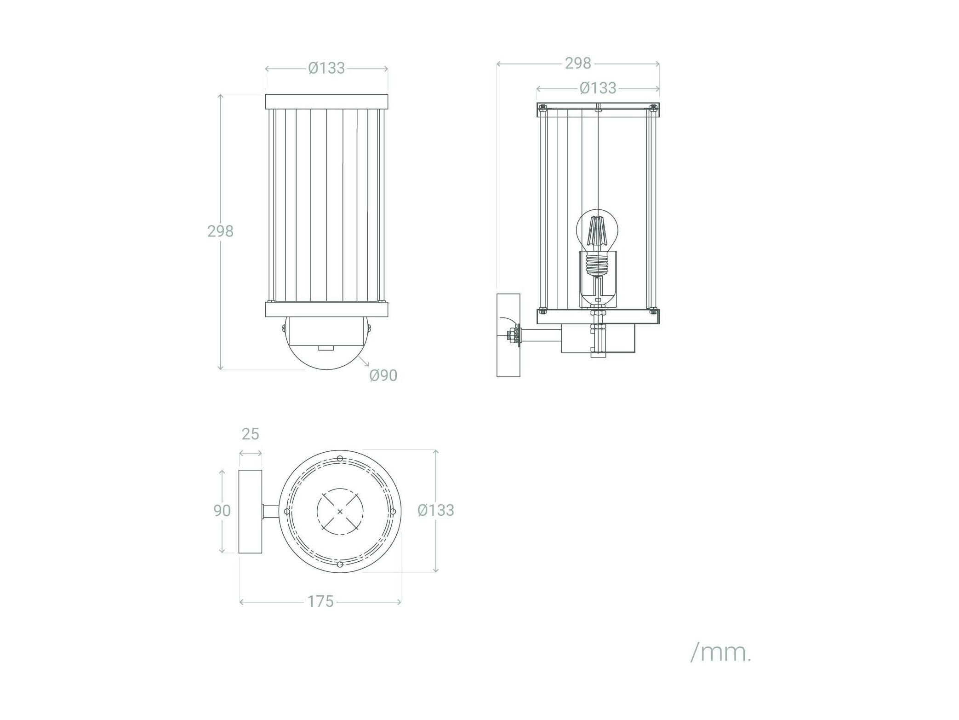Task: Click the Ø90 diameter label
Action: (x=383, y=375)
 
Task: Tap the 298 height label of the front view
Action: (x=220, y=231)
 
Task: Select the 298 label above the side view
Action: (x=578, y=63)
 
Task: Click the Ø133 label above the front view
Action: (x=326, y=68)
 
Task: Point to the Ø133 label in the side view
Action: (x=598, y=88)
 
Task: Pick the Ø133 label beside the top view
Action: (x=436, y=510)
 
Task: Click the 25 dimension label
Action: (x=251, y=434)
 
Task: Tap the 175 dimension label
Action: (x=320, y=601)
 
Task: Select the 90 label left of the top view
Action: (x=222, y=510)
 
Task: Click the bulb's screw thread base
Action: (x=597, y=264)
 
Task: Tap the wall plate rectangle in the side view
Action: (x=508, y=335)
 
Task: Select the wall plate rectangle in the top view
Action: (x=251, y=511)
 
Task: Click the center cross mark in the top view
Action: (x=340, y=512)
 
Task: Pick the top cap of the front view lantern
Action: (x=326, y=102)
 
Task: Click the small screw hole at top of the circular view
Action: (x=340, y=458)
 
